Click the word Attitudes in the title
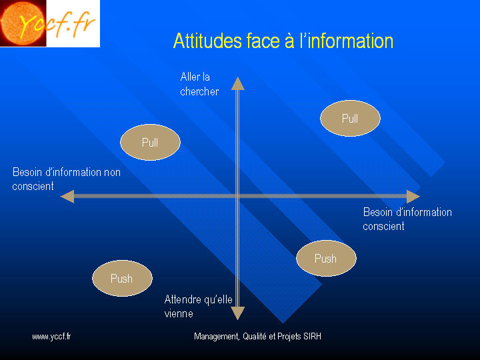pos(207,41)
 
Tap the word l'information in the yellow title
pos(347,41)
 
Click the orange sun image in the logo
pos(23,23)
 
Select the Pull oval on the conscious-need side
pos(350,118)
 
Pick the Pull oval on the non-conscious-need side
pos(150,142)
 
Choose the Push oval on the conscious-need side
pos(326,259)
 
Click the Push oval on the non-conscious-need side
pos(123,278)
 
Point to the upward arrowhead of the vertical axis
pos(237,83)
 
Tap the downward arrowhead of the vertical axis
pos(237,313)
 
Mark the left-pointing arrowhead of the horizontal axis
pos(67,197)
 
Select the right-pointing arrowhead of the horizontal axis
pos(413,197)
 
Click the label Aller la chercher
pos(199,84)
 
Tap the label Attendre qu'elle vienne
pos(199,307)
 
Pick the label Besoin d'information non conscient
pos(67,179)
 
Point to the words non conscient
pos(67,179)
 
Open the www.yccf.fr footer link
pos(51,337)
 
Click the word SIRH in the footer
pos(312,337)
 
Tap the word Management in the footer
pos(217,337)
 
